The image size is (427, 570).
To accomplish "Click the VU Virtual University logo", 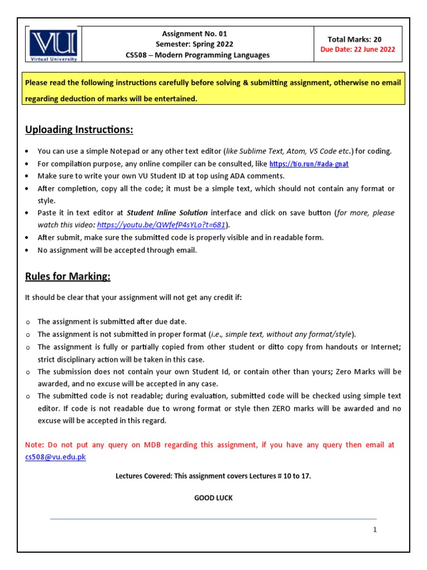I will click(54, 45).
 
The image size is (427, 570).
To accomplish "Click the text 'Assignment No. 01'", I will click(194, 33).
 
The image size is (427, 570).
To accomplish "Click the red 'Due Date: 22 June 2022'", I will click(358, 49).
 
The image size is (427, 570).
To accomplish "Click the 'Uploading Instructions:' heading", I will click(79, 130).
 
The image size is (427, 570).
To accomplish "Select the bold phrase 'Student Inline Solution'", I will click(167, 213).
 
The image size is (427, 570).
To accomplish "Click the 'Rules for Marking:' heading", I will click(68, 277).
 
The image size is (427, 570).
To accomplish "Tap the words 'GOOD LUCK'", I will click(213, 498).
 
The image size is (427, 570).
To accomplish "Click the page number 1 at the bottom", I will click(375, 530).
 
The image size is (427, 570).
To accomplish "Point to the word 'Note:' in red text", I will click(35, 445).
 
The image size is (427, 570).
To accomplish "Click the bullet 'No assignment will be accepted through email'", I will click(117, 250).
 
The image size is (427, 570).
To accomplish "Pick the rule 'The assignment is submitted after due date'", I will click(112, 322).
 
